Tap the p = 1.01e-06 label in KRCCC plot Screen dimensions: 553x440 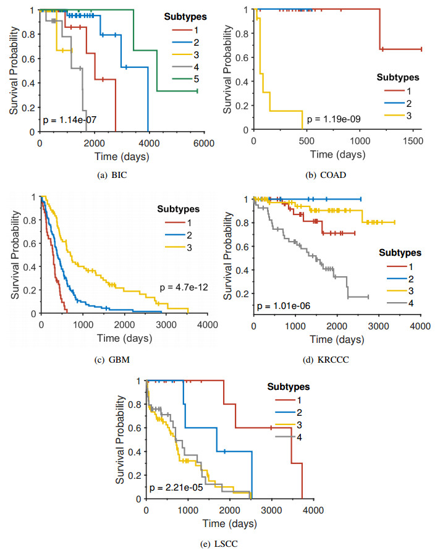coord(288,305)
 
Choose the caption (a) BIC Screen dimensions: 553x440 coord(116,175)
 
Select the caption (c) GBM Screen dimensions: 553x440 coord(116,360)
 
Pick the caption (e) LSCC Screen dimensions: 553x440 coord(226,544)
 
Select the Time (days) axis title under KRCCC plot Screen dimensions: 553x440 coord(337,339)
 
